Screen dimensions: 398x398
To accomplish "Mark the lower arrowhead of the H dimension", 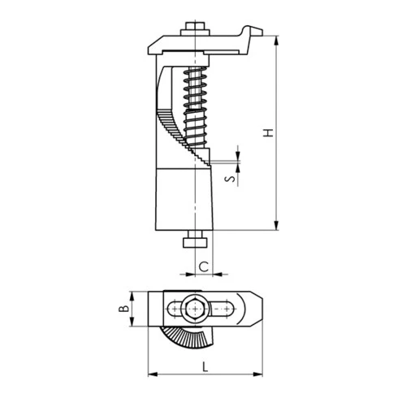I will tap(276, 227).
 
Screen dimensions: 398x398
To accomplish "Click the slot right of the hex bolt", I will tap(224, 309).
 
